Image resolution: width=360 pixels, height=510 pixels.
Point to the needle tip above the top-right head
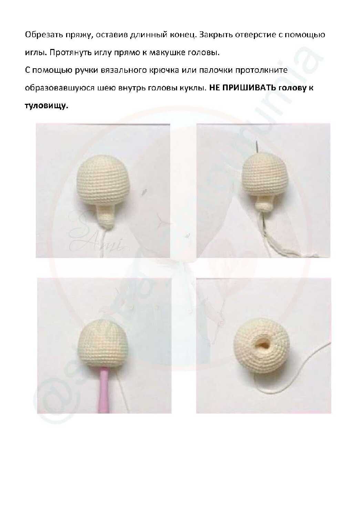pos(256,141)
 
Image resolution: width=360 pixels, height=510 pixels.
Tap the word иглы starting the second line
pos(35,53)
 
